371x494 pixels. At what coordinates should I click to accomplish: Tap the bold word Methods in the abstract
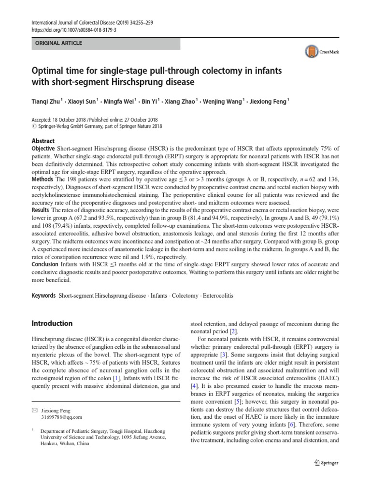pos(43,179)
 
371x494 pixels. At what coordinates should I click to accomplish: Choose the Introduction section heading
pos(52,323)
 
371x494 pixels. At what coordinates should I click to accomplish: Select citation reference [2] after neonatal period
pos(234,331)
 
